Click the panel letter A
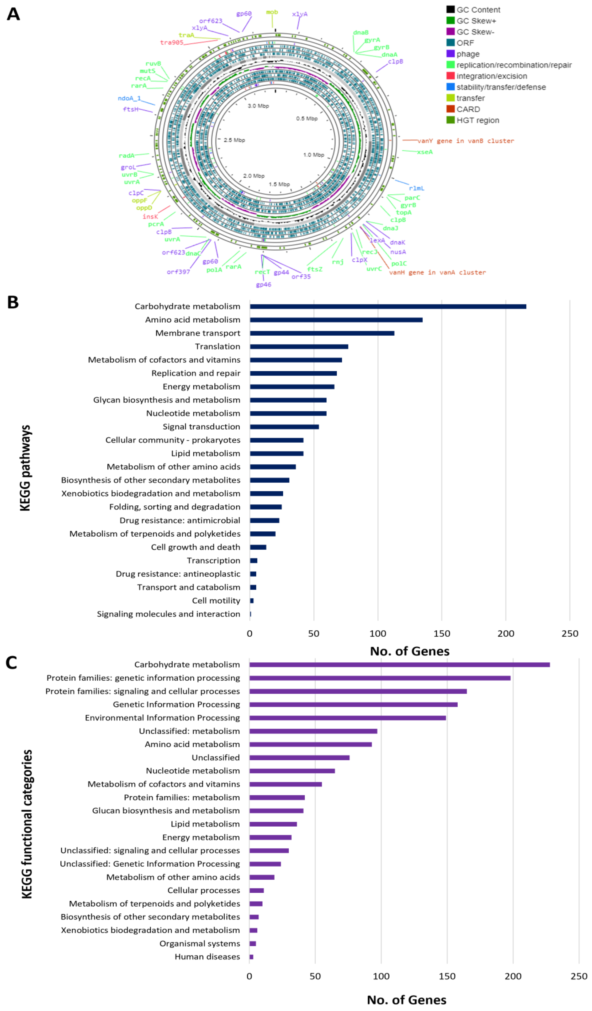(13, 14)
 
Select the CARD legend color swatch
(450, 109)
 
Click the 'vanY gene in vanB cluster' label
(465, 141)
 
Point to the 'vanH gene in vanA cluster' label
(437, 272)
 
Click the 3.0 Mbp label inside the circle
(258, 106)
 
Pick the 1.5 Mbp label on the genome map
(279, 184)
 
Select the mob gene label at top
(272, 12)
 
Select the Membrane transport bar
(322, 333)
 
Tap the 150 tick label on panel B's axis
(441, 634)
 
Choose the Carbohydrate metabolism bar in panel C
(399, 665)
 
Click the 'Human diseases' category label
(207, 957)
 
